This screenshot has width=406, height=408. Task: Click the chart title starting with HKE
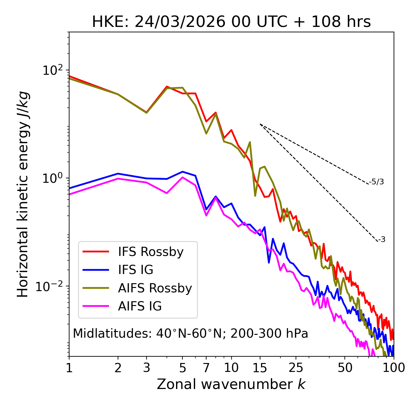pos(231,22)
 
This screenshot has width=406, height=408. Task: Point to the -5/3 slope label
pos(377,182)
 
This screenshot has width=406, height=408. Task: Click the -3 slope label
pos(382,240)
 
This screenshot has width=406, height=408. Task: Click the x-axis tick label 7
pos(206,368)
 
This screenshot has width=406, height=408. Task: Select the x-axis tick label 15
pos(260,368)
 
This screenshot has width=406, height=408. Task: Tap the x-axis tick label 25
pos(296,368)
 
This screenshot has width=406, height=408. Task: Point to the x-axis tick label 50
pos(345,368)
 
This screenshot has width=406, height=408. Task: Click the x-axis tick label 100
pos(393,368)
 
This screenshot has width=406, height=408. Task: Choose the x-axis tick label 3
pos(147,368)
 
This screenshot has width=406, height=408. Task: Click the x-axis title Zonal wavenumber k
pos(231,384)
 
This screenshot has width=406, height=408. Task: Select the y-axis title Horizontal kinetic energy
pos(23,194)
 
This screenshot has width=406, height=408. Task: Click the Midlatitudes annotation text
pos(190,334)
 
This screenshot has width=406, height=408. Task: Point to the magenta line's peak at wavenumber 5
pos(182,177)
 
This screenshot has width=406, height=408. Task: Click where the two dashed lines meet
pos(260,124)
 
